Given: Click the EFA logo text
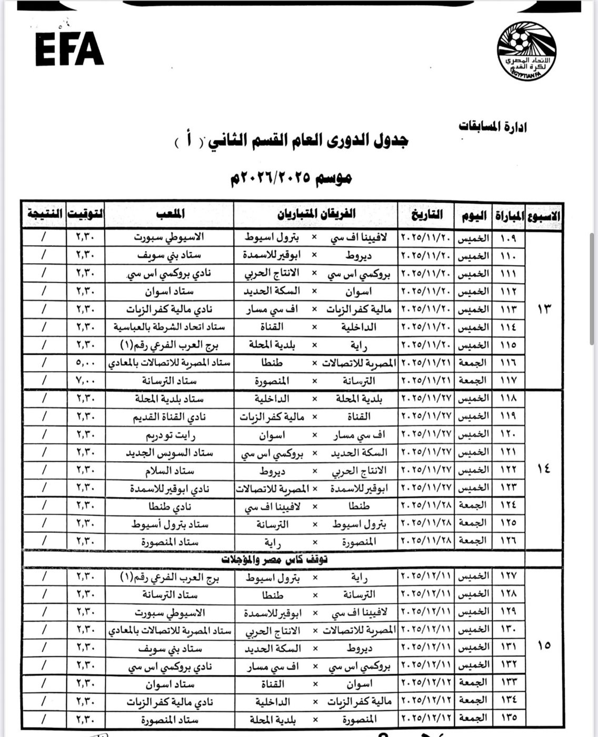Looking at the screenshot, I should pyautogui.click(x=69, y=49).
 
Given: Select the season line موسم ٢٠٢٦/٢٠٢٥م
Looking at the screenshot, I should pyautogui.click(x=291, y=177).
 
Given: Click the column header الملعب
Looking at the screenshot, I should pyautogui.click(x=170, y=214).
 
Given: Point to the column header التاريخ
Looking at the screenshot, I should pyautogui.click(x=426, y=214).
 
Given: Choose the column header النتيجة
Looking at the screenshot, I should pyautogui.click(x=44, y=214).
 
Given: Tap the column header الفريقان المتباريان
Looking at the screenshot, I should pyautogui.click(x=316, y=214).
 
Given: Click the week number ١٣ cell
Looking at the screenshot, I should pyautogui.click(x=544, y=308).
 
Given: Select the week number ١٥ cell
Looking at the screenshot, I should pyautogui.click(x=544, y=645).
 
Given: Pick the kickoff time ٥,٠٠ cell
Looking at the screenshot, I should pyautogui.click(x=85, y=363).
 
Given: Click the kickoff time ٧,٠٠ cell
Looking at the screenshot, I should pyautogui.click(x=85, y=381).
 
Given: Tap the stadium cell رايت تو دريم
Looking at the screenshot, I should pyautogui.click(x=170, y=435).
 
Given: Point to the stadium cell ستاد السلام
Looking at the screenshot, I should pyautogui.click(x=170, y=471).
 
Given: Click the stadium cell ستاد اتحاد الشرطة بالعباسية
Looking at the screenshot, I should pyautogui.click(x=170, y=327).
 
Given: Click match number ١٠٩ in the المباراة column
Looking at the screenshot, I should pyautogui.click(x=507, y=238).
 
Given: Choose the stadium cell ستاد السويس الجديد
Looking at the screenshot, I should pyautogui.click(x=170, y=453).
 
